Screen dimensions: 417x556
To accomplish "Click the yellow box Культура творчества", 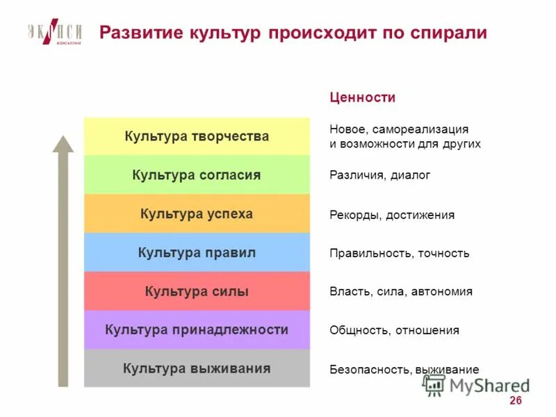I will [197, 136].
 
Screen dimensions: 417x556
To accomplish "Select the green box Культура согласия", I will [197, 175].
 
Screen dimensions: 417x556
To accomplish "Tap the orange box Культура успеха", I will [197, 214].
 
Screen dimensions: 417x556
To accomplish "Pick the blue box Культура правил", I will [197, 253].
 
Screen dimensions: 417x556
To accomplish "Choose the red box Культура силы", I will [197, 292].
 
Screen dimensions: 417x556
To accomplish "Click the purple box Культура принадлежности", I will [197, 330].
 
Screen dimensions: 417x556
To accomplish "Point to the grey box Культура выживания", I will [197, 368].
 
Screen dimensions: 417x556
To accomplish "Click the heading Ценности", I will [362, 98].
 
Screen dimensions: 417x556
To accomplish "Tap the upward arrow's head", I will [63, 144].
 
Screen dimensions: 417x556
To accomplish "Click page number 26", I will [515, 401].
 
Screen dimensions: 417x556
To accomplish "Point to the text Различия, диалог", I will [379, 175].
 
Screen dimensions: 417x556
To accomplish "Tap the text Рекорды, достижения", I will [392, 215].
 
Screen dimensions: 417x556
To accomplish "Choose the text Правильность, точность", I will [400, 253].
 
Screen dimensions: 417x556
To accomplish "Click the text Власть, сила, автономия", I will [401, 292].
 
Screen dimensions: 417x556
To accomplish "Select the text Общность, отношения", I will [394, 330].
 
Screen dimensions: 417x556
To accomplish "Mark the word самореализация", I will [420, 129].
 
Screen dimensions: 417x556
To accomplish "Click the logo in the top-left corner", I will [55, 33].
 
